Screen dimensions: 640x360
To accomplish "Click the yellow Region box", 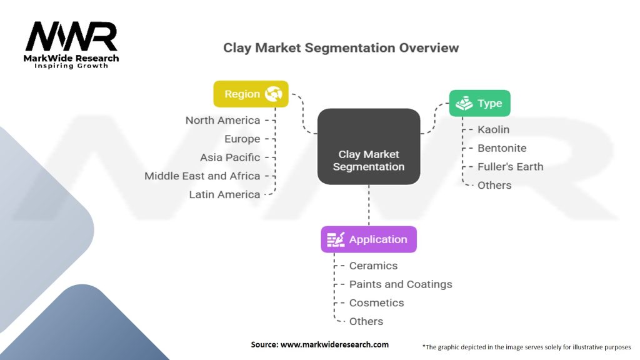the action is pyautogui.click(x=251, y=94).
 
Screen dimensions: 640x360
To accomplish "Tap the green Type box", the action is pyautogui.click(x=479, y=103).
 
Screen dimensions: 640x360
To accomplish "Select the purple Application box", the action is pyautogui.click(x=369, y=239).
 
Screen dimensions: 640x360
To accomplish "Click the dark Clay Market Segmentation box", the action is pyautogui.click(x=369, y=146).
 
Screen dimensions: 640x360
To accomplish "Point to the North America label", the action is pyautogui.click(x=223, y=121).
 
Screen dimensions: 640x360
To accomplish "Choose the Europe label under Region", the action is pyautogui.click(x=242, y=139).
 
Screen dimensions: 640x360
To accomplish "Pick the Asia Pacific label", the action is pyautogui.click(x=230, y=157).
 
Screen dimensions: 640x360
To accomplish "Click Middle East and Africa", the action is pyautogui.click(x=202, y=176).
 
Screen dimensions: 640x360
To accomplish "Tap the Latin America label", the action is pyautogui.click(x=224, y=195).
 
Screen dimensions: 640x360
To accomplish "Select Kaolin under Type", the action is pyautogui.click(x=494, y=130).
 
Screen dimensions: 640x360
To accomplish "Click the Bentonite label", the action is pyautogui.click(x=502, y=148).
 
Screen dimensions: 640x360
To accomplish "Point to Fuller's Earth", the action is pyautogui.click(x=511, y=166).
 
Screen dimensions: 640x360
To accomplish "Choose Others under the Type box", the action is pyautogui.click(x=494, y=185).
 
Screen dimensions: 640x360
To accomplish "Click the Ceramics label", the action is pyautogui.click(x=374, y=266).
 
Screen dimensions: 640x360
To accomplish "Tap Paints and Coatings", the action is pyautogui.click(x=401, y=284).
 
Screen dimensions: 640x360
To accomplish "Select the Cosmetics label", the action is pyautogui.click(x=377, y=303).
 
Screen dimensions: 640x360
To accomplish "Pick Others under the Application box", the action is pyautogui.click(x=366, y=322).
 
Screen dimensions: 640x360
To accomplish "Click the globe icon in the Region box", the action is pyautogui.click(x=274, y=94).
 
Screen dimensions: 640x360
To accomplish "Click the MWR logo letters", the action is pyautogui.click(x=71, y=36).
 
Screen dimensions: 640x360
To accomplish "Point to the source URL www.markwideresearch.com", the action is pyautogui.click(x=335, y=344).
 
